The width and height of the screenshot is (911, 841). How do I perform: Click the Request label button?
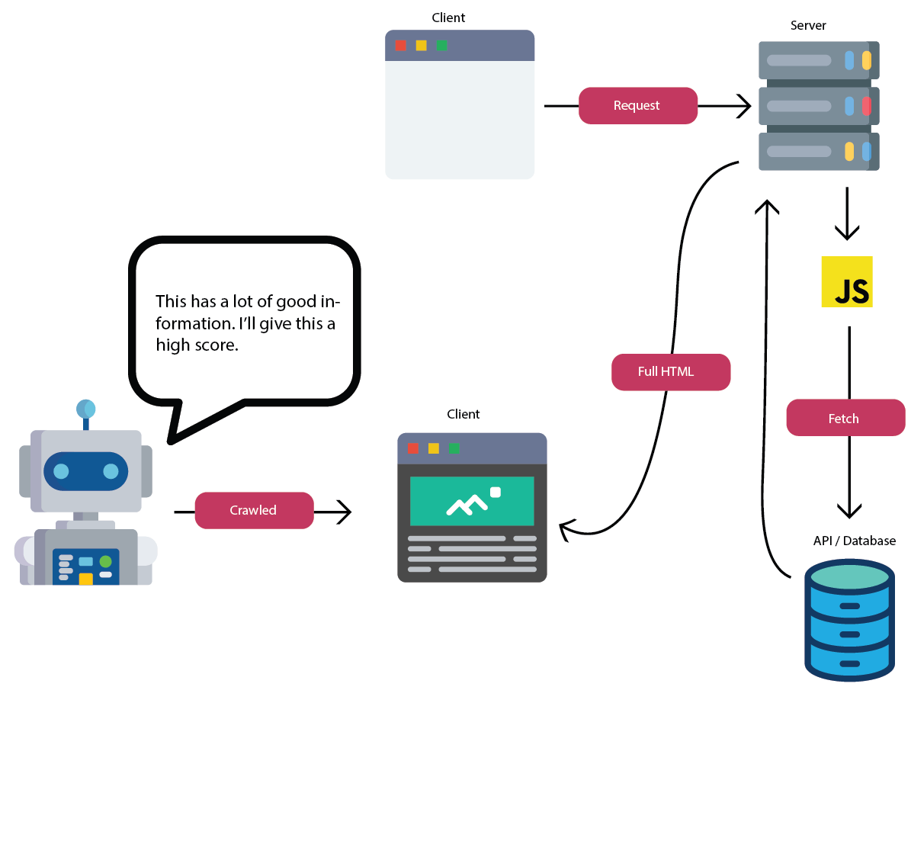coord(637,106)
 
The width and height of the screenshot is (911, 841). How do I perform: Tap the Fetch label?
coord(845,418)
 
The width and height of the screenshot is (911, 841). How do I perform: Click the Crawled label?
coord(254,510)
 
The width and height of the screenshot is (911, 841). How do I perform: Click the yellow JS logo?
coord(846,282)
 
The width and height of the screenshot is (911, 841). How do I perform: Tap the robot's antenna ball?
coord(85,409)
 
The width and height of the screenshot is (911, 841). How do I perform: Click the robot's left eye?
coord(62,471)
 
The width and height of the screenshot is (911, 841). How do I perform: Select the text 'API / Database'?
coord(854,541)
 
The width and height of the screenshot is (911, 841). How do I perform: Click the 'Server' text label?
coord(808,25)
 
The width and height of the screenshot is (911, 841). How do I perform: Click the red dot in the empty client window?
coord(401,46)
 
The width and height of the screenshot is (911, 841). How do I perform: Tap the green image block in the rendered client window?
coord(472,501)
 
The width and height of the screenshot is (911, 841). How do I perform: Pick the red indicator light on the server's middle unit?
coord(867,106)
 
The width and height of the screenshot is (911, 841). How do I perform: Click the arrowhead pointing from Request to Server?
coord(745,106)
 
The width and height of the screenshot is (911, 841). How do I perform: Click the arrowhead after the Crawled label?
coord(345,512)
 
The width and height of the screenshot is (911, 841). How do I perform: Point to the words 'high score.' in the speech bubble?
coord(197,345)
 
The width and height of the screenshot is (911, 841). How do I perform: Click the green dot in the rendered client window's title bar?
coord(454,448)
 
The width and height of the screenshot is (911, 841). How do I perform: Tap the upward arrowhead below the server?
coord(767,207)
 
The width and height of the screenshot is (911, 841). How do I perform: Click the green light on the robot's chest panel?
coord(105,562)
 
